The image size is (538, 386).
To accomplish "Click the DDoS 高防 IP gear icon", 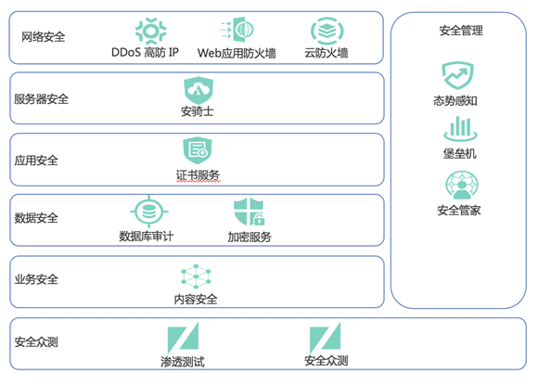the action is tap(151, 31).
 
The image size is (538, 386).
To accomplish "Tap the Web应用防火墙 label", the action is tap(237, 53).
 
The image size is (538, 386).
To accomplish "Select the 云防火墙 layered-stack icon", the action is tap(327, 31).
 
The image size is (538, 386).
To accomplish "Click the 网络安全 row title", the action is tap(44, 37).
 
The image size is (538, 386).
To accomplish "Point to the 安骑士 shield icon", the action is tap(199, 91).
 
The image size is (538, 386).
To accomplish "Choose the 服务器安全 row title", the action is tap(41, 99).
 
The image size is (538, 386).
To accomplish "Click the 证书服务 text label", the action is tap(198, 175).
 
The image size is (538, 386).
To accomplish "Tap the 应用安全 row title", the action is tap(36, 161).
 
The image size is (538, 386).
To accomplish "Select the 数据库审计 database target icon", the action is tap(149, 212).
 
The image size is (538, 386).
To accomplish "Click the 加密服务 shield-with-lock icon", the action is tap(249, 212).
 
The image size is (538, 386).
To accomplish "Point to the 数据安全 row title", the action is tap(36, 218).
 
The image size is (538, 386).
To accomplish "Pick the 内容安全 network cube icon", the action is tap(196, 277).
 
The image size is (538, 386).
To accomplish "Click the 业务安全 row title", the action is tap(36, 279).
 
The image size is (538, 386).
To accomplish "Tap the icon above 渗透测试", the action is tap(183, 338).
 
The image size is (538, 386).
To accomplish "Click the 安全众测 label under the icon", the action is tap(326, 361).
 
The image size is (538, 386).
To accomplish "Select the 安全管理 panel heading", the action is tap(461, 31).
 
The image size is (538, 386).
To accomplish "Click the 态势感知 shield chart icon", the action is tap(457, 75).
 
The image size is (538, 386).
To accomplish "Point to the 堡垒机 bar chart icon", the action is tap(460, 128).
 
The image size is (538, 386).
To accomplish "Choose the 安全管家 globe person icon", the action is tap(462, 185).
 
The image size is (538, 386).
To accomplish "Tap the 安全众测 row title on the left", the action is tap(36, 341).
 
